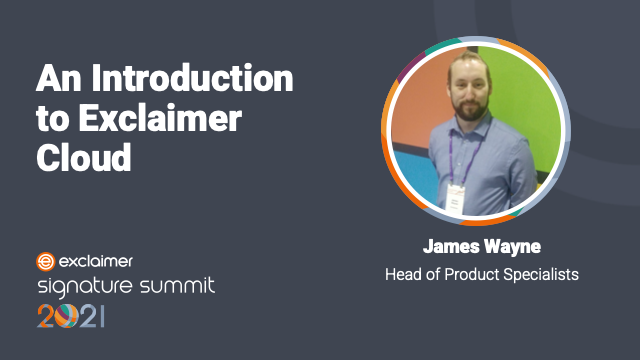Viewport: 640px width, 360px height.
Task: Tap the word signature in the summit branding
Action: (x=85, y=288)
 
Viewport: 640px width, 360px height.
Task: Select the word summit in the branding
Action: (x=177, y=287)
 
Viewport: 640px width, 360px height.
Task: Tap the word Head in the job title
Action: (x=403, y=273)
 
